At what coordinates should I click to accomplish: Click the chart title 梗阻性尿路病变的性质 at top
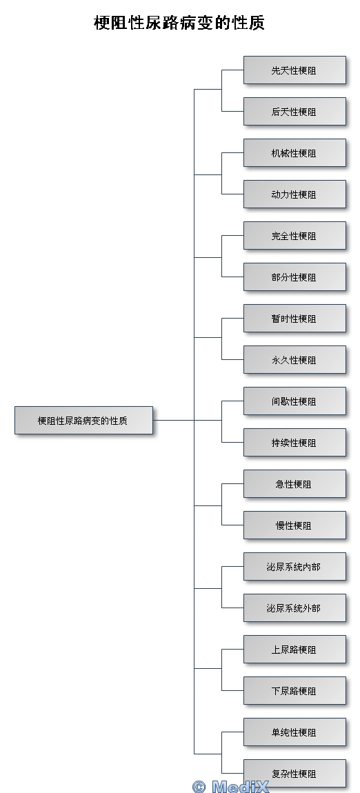click(179, 23)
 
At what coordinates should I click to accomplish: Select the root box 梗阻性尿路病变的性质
click(83, 420)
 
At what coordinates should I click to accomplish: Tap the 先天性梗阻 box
click(294, 70)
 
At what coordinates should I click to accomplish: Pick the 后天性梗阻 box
click(294, 112)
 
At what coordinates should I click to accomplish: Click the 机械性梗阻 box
click(294, 153)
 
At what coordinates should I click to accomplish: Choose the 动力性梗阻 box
click(294, 194)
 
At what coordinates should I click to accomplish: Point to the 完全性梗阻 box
click(294, 236)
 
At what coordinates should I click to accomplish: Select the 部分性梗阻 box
click(294, 277)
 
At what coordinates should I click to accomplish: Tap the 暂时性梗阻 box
click(294, 319)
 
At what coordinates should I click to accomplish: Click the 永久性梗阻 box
click(294, 360)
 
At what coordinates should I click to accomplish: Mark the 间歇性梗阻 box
click(294, 401)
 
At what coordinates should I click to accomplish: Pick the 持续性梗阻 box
click(294, 443)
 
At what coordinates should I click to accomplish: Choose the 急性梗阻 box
click(294, 484)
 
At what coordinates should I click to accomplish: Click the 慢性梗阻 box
click(294, 525)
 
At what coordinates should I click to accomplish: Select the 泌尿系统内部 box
click(294, 567)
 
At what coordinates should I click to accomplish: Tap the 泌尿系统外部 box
click(294, 608)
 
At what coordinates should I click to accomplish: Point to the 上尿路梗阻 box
click(294, 650)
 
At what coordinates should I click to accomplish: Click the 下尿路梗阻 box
click(294, 691)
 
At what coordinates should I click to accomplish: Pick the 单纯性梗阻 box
click(294, 732)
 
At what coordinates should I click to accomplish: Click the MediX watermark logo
click(230, 786)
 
